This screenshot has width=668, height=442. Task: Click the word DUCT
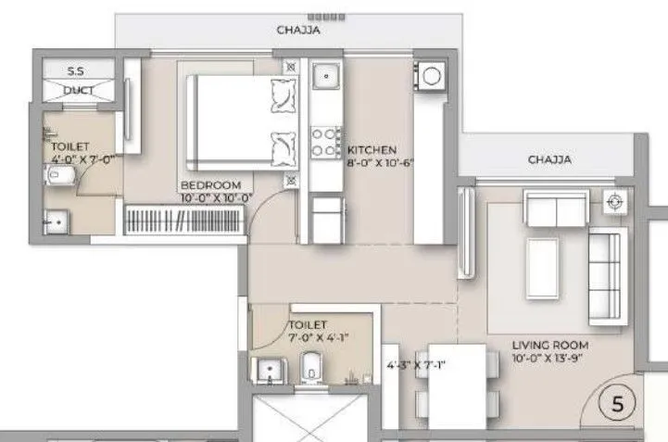[x=78, y=90]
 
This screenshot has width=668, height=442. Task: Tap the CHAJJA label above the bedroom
[x=298, y=31]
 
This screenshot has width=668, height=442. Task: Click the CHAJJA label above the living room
[x=549, y=159]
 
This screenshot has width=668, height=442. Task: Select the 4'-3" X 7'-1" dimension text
[x=417, y=364]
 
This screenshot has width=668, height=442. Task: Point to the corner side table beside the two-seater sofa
[x=612, y=201]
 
